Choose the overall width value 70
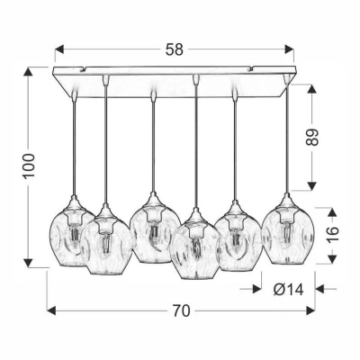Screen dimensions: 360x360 (180, 311)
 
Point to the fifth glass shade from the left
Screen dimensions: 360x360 (238, 241)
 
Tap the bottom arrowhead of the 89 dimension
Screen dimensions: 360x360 (313, 188)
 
